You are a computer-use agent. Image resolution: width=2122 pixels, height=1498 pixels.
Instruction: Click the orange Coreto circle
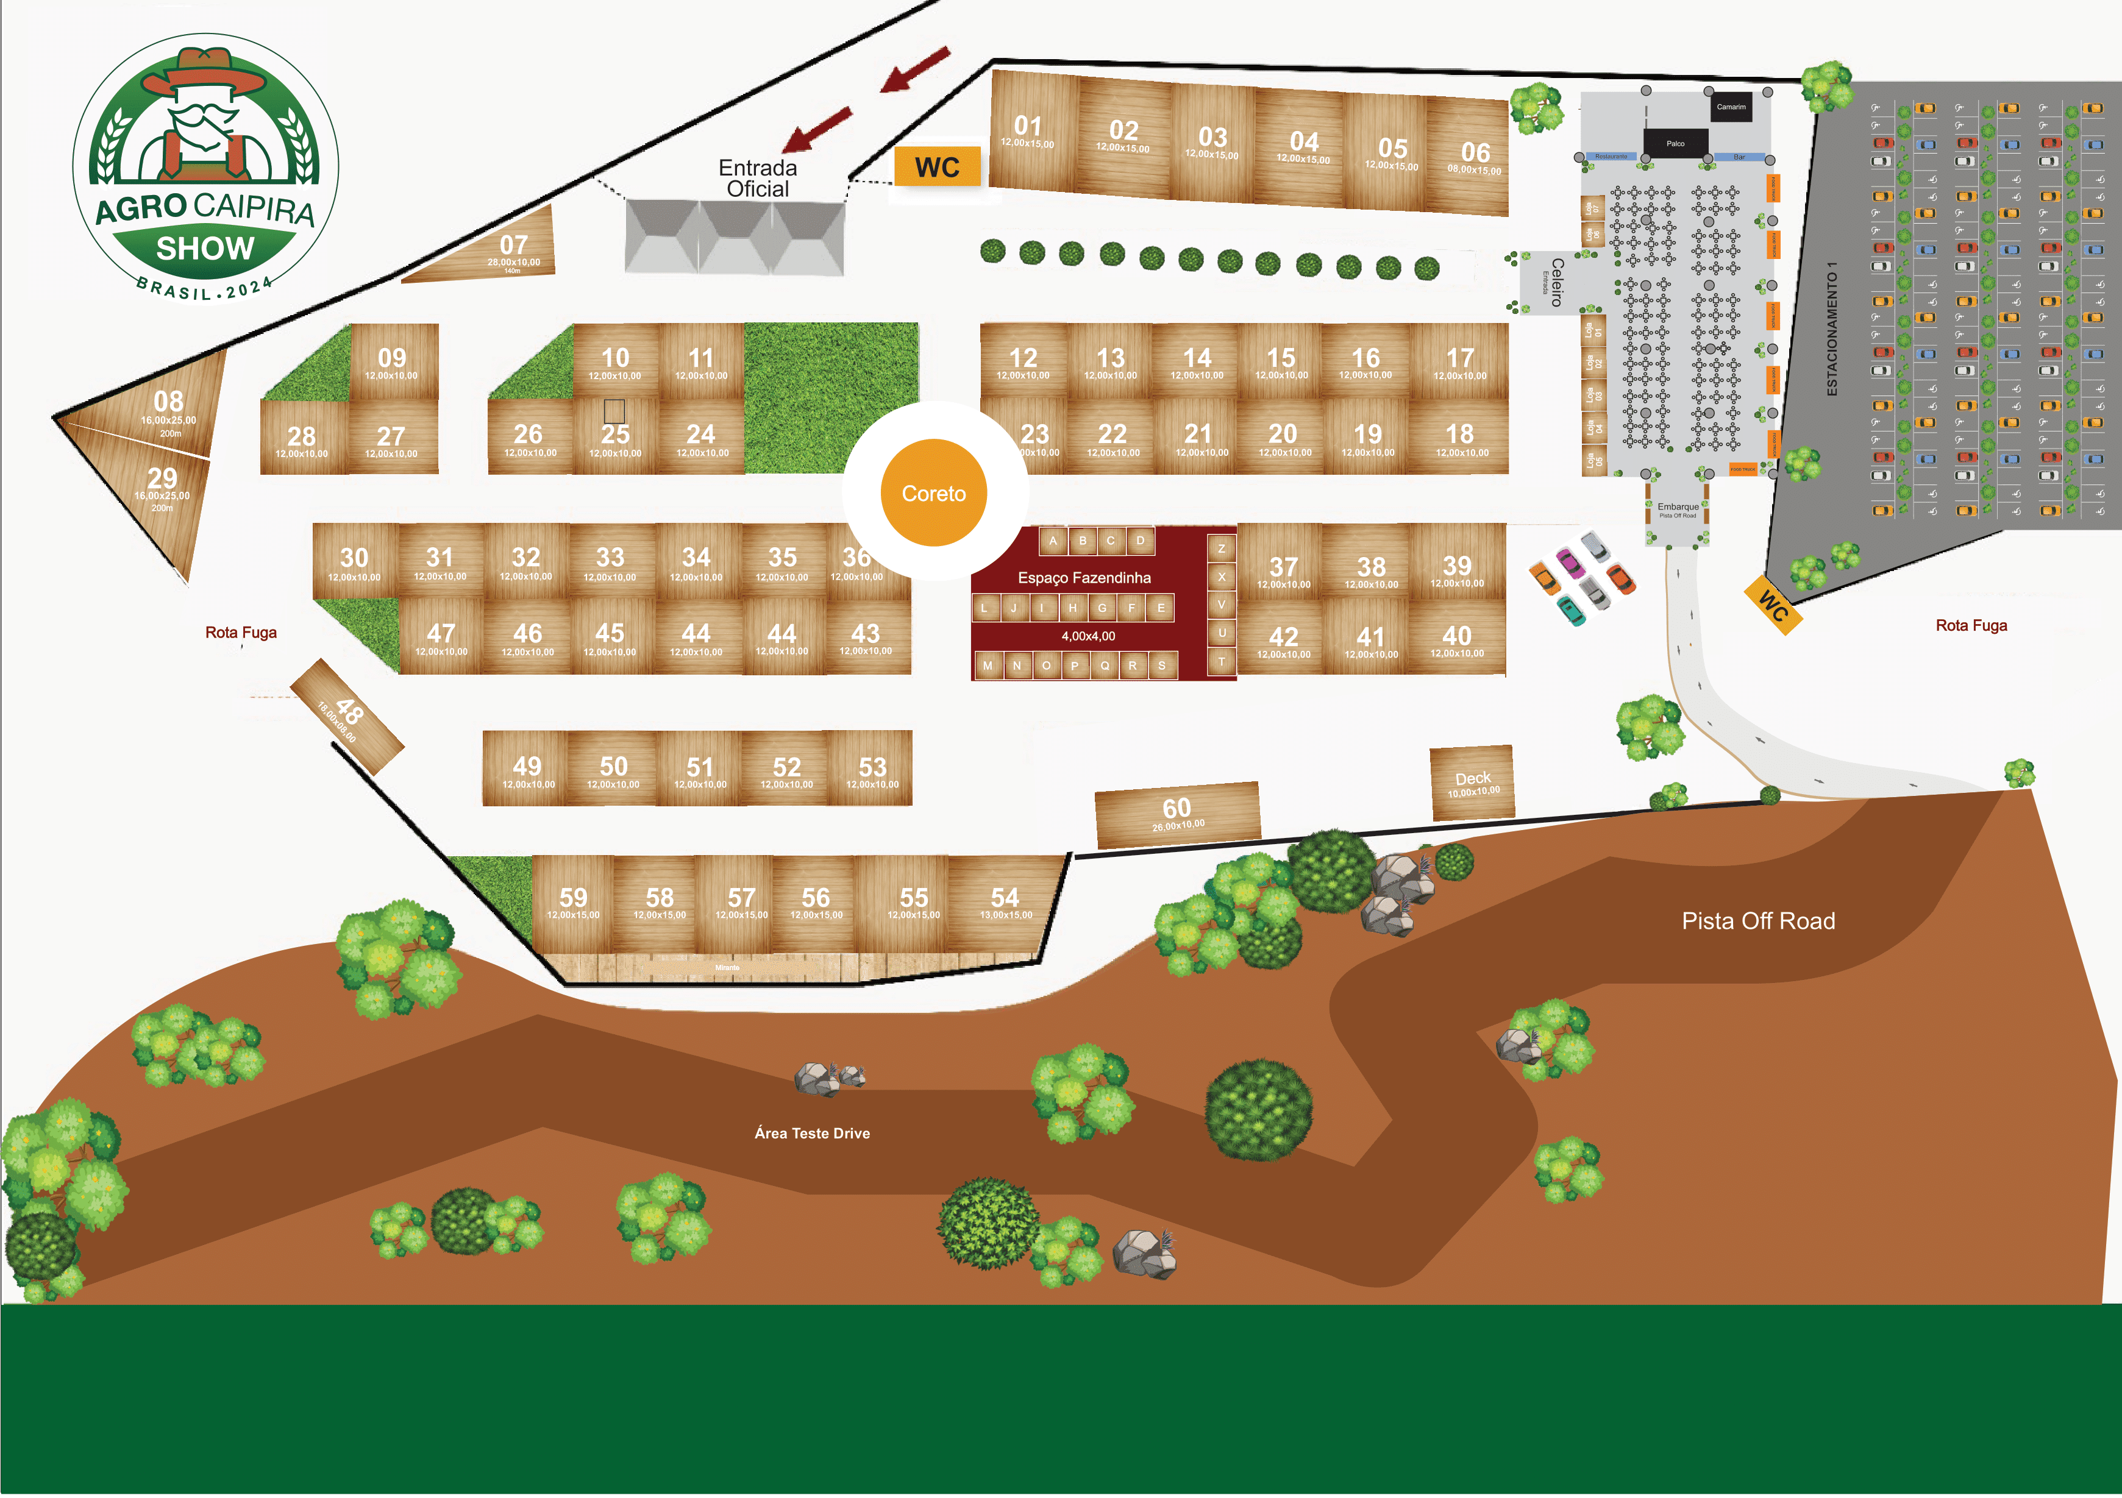tap(933, 492)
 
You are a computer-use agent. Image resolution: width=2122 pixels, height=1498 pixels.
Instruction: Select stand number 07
tap(513, 247)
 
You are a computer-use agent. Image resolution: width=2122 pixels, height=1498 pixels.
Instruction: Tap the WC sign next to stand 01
tap(937, 167)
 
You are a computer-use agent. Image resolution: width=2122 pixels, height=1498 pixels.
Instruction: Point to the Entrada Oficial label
tap(758, 179)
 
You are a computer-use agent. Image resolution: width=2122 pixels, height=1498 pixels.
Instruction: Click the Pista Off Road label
tap(1758, 920)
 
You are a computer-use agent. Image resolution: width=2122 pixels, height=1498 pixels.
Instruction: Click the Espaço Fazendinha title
tap(1084, 578)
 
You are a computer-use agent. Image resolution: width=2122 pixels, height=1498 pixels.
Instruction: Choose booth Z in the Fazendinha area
tap(1222, 549)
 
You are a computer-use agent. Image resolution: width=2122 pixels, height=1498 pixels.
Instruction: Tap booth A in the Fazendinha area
tap(1053, 541)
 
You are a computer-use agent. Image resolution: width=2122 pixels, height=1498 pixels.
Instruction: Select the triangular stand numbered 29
tap(163, 485)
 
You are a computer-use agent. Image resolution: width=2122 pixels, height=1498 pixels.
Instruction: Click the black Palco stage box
tap(1675, 143)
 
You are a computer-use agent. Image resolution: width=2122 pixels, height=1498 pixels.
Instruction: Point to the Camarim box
tap(1731, 107)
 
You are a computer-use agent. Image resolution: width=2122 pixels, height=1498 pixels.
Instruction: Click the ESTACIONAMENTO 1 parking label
tap(1832, 328)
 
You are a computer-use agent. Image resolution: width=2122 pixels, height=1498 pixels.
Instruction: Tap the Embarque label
tap(1678, 507)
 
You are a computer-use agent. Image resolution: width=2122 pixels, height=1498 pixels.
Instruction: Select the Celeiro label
tap(1556, 282)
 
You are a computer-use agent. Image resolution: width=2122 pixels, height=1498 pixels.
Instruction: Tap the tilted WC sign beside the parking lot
tap(1773, 605)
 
